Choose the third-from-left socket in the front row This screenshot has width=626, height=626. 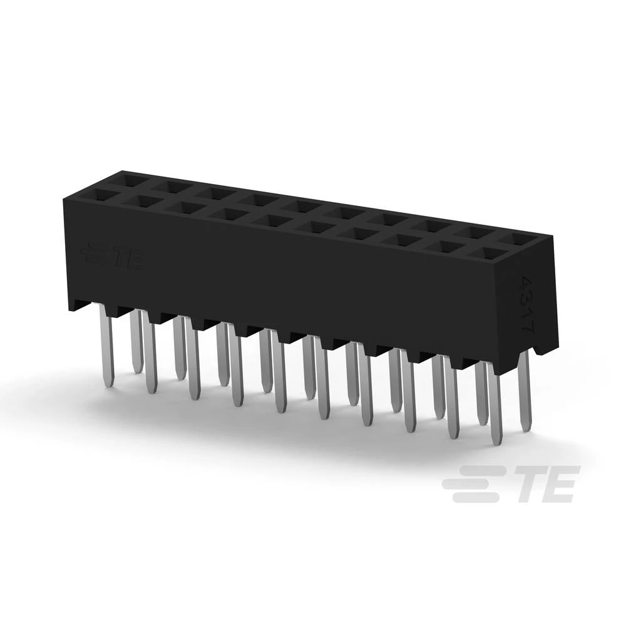186,207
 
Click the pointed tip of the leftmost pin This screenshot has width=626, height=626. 109,382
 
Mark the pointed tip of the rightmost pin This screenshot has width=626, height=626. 524,431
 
